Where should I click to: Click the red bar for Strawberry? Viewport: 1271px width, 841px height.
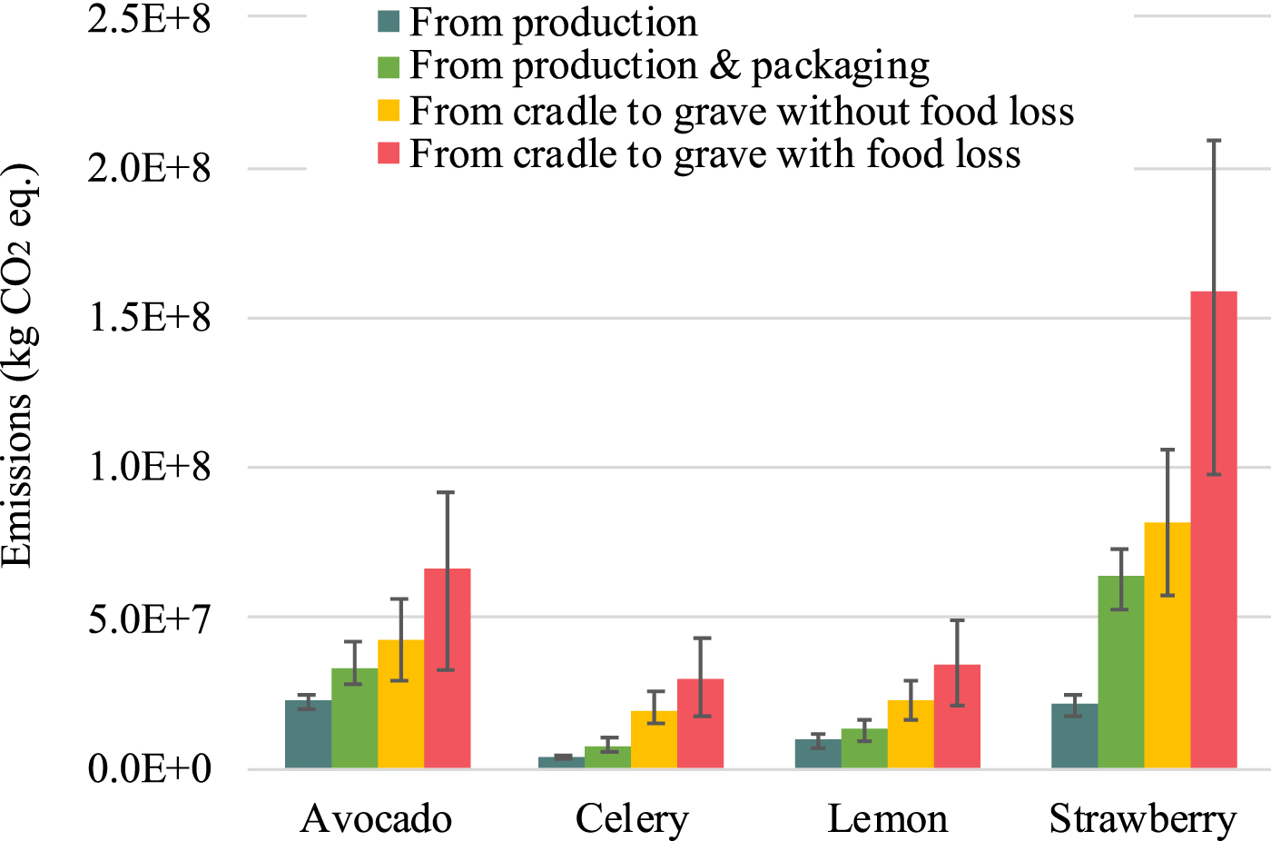click(x=1214, y=545)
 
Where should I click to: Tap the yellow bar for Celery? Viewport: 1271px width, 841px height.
click(x=654, y=739)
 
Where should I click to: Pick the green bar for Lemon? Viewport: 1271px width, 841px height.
click(x=864, y=748)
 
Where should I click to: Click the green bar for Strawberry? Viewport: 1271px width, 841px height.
click(x=1121, y=672)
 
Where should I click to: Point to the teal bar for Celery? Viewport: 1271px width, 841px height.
click(x=561, y=762)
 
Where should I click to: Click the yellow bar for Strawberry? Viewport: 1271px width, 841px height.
click(x=1168, y=645)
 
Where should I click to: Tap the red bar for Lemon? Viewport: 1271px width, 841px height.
click(x=957, y=717)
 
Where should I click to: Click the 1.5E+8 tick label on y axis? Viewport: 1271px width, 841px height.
click(x=149, y=318)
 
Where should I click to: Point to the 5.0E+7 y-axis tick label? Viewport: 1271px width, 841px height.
click(x=149, y=618)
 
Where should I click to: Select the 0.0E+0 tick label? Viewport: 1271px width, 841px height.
click(x=149, y=769)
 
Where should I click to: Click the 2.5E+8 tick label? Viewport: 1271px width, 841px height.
click(x=149, y=19)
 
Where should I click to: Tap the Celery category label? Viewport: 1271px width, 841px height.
click(x=632, y=819)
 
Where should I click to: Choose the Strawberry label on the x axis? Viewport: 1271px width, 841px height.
click(x=1143, y=819)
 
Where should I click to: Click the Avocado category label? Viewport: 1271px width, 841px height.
click(x=376, y=819)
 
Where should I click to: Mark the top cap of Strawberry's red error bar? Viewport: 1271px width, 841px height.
click(x=1214, y=141)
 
